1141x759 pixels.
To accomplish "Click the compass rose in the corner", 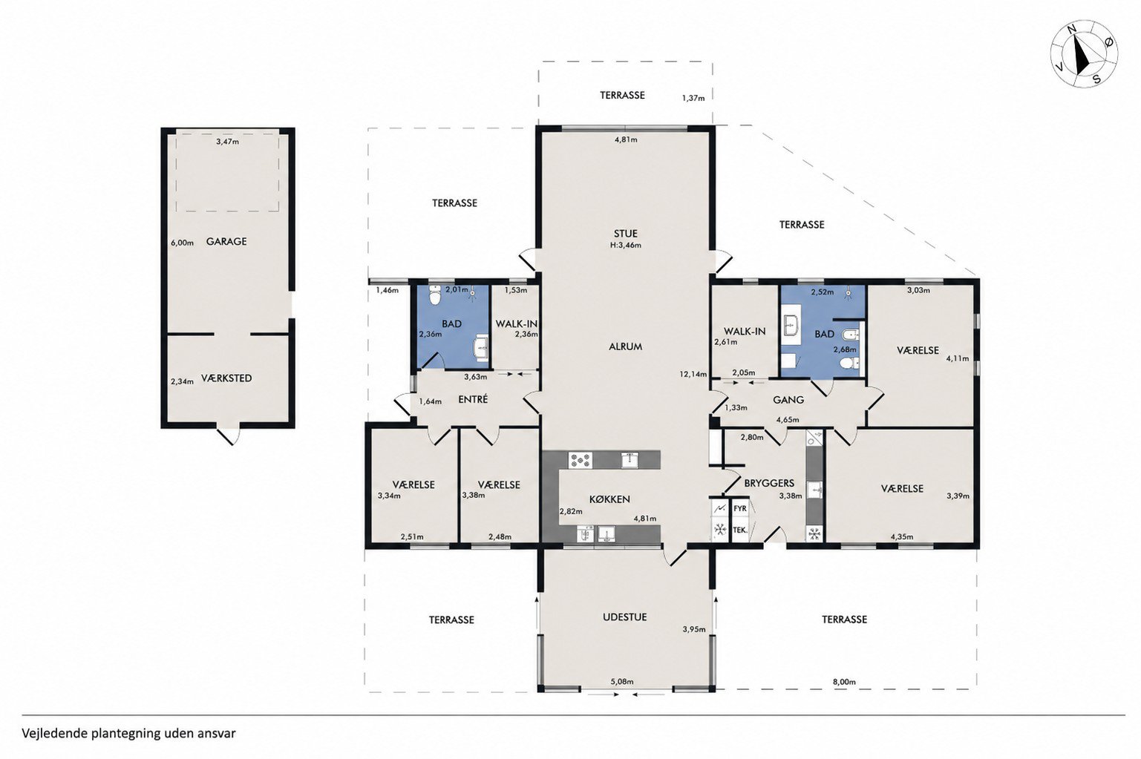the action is (x=1084, y=53).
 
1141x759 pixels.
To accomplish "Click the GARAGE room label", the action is (x=226, y=241).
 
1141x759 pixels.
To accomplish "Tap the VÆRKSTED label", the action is (x=226, y=378).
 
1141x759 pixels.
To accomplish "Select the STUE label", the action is (x=626, y=234).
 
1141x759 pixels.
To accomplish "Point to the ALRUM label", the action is (x=626, y=346).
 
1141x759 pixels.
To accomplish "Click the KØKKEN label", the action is (x=609, y=499).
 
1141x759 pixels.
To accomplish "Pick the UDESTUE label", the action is (x=624, y=617).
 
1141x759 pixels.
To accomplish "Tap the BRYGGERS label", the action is (x=769, y=482).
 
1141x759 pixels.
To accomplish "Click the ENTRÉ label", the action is (x=473, y=400).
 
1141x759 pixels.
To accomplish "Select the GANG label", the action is (x=788, y=400).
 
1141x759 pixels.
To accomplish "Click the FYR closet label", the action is (x=739, y=508).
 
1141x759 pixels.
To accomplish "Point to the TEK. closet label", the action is (x=740, y=530).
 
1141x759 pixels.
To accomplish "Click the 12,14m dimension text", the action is (x=693, y=374).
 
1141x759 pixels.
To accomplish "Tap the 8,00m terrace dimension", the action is (x=845, y=682).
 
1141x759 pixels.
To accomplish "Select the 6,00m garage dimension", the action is (x=183, y=243).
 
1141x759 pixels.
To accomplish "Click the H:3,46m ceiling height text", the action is (x=626, y=245).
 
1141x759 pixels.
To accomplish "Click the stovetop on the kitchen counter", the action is (x=581, y=460).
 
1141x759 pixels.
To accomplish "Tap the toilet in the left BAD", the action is (x=434, y=295).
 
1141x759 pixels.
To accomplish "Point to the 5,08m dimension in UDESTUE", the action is (x=622, y=682).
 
